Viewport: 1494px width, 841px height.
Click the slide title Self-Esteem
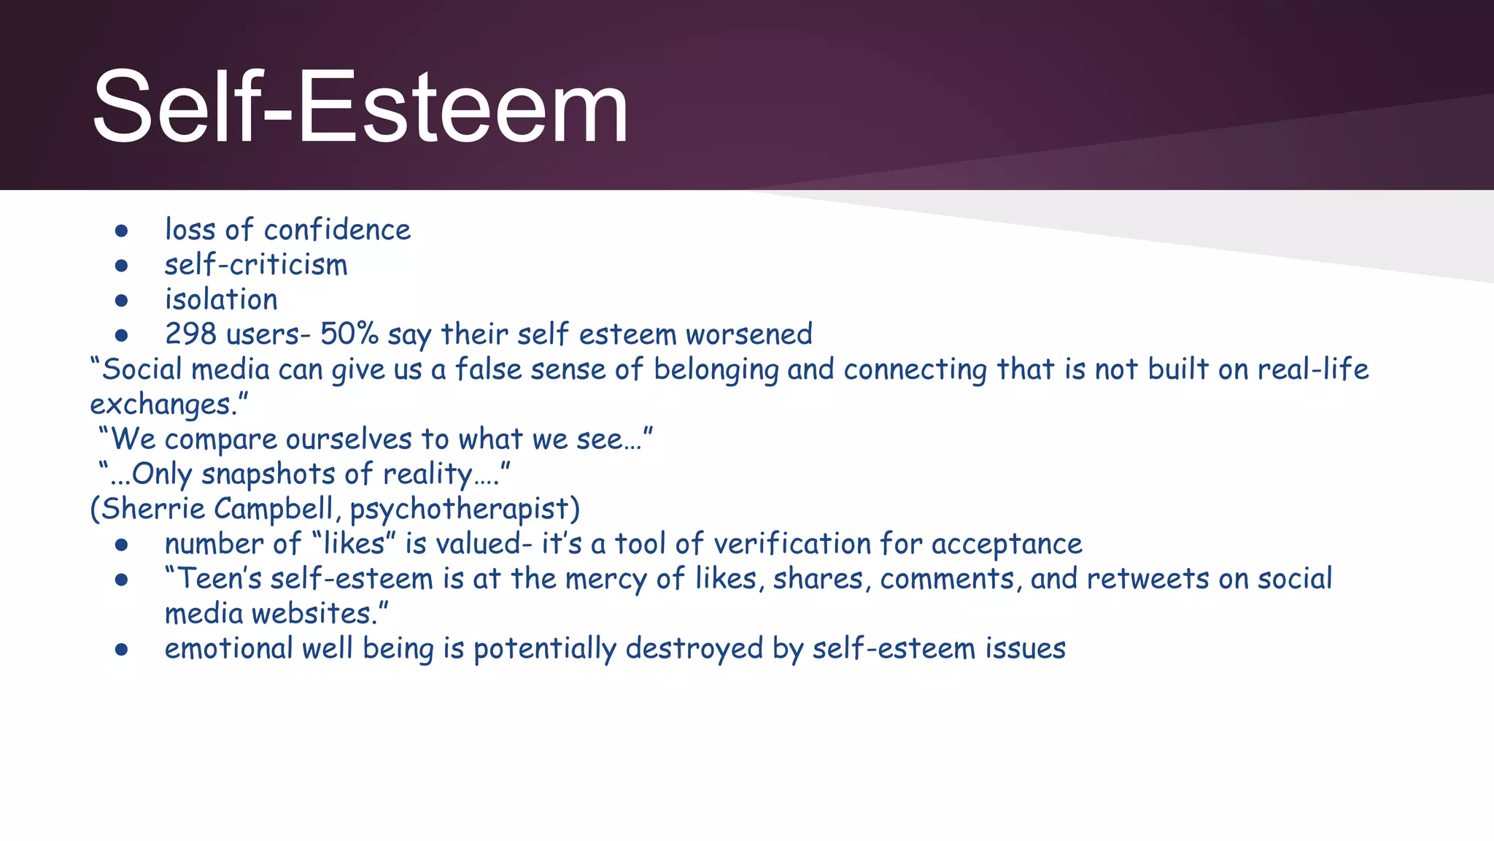coord(360,107)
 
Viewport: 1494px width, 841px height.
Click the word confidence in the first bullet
coord(337,230)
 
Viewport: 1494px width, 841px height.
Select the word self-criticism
coord(255,265)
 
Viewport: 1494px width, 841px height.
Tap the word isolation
coord(221,300)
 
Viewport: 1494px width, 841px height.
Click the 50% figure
coord(349,334)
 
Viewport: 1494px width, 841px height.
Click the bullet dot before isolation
coord(122,301)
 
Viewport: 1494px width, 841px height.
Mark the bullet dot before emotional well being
coord(122,650)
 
